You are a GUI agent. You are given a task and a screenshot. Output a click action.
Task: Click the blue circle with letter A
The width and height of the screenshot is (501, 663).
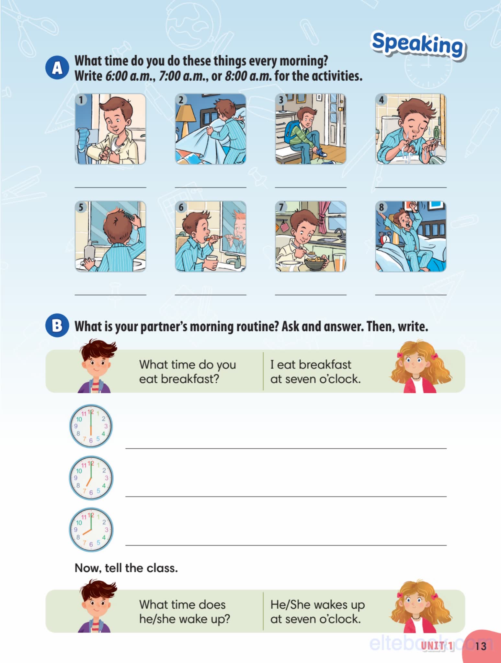tap(57, 68)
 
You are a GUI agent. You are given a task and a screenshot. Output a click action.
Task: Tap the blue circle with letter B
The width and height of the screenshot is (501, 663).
tap(57, 325)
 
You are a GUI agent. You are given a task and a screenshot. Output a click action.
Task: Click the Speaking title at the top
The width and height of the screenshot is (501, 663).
tap(418, 46)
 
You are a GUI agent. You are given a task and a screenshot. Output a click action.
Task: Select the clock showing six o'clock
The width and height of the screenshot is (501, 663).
tap(91, 426)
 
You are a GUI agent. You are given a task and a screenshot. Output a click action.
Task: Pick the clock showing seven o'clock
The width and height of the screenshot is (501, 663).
tap(91, 478)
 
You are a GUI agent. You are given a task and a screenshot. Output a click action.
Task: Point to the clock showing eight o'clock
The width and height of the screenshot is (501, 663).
tap(91, 530)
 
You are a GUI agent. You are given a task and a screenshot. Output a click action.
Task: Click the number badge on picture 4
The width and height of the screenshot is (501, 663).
tap(381, 100)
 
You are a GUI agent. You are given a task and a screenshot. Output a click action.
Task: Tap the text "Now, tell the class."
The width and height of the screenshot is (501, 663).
tap(126, 568)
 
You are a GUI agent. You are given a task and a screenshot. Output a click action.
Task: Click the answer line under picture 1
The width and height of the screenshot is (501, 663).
tap(110, 187)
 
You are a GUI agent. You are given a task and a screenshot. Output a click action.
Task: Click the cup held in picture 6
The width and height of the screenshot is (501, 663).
tap(212, 262)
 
